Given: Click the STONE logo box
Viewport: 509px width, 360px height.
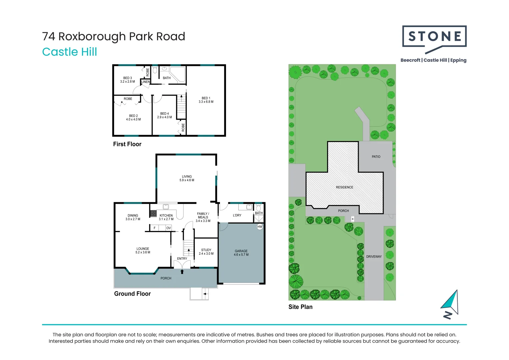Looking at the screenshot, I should click(434, 36).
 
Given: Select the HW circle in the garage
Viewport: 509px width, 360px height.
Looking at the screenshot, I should click(260, 227).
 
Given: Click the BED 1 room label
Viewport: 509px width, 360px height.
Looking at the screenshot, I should click(206, 100).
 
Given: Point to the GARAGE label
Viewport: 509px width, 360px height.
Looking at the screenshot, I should click(241, 253).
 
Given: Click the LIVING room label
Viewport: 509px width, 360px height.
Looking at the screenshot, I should click(187, 178).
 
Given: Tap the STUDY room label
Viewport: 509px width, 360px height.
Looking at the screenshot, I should click(206, 252).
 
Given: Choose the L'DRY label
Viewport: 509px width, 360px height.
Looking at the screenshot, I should click(237, 215).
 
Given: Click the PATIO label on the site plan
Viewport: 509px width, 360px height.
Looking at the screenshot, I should click(376, 157).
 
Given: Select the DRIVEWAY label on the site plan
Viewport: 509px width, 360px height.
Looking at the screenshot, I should click(374, 257).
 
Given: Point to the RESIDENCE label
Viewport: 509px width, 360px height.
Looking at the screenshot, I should click(344, 187).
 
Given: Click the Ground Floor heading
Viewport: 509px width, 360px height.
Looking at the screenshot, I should click(132, 294).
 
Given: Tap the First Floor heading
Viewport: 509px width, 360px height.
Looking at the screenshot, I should click(127, 144).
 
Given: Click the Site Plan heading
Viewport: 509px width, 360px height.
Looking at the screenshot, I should click(300, 307).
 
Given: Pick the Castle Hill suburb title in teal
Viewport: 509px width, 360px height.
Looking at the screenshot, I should click(69, 52).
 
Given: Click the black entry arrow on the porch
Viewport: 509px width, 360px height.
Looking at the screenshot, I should click(182, 272).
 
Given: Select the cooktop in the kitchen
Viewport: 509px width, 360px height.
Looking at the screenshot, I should click(153, 213).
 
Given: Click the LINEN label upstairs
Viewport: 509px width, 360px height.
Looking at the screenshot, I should click(145, 82).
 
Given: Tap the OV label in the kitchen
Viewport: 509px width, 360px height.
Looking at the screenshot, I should click(168, 228).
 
